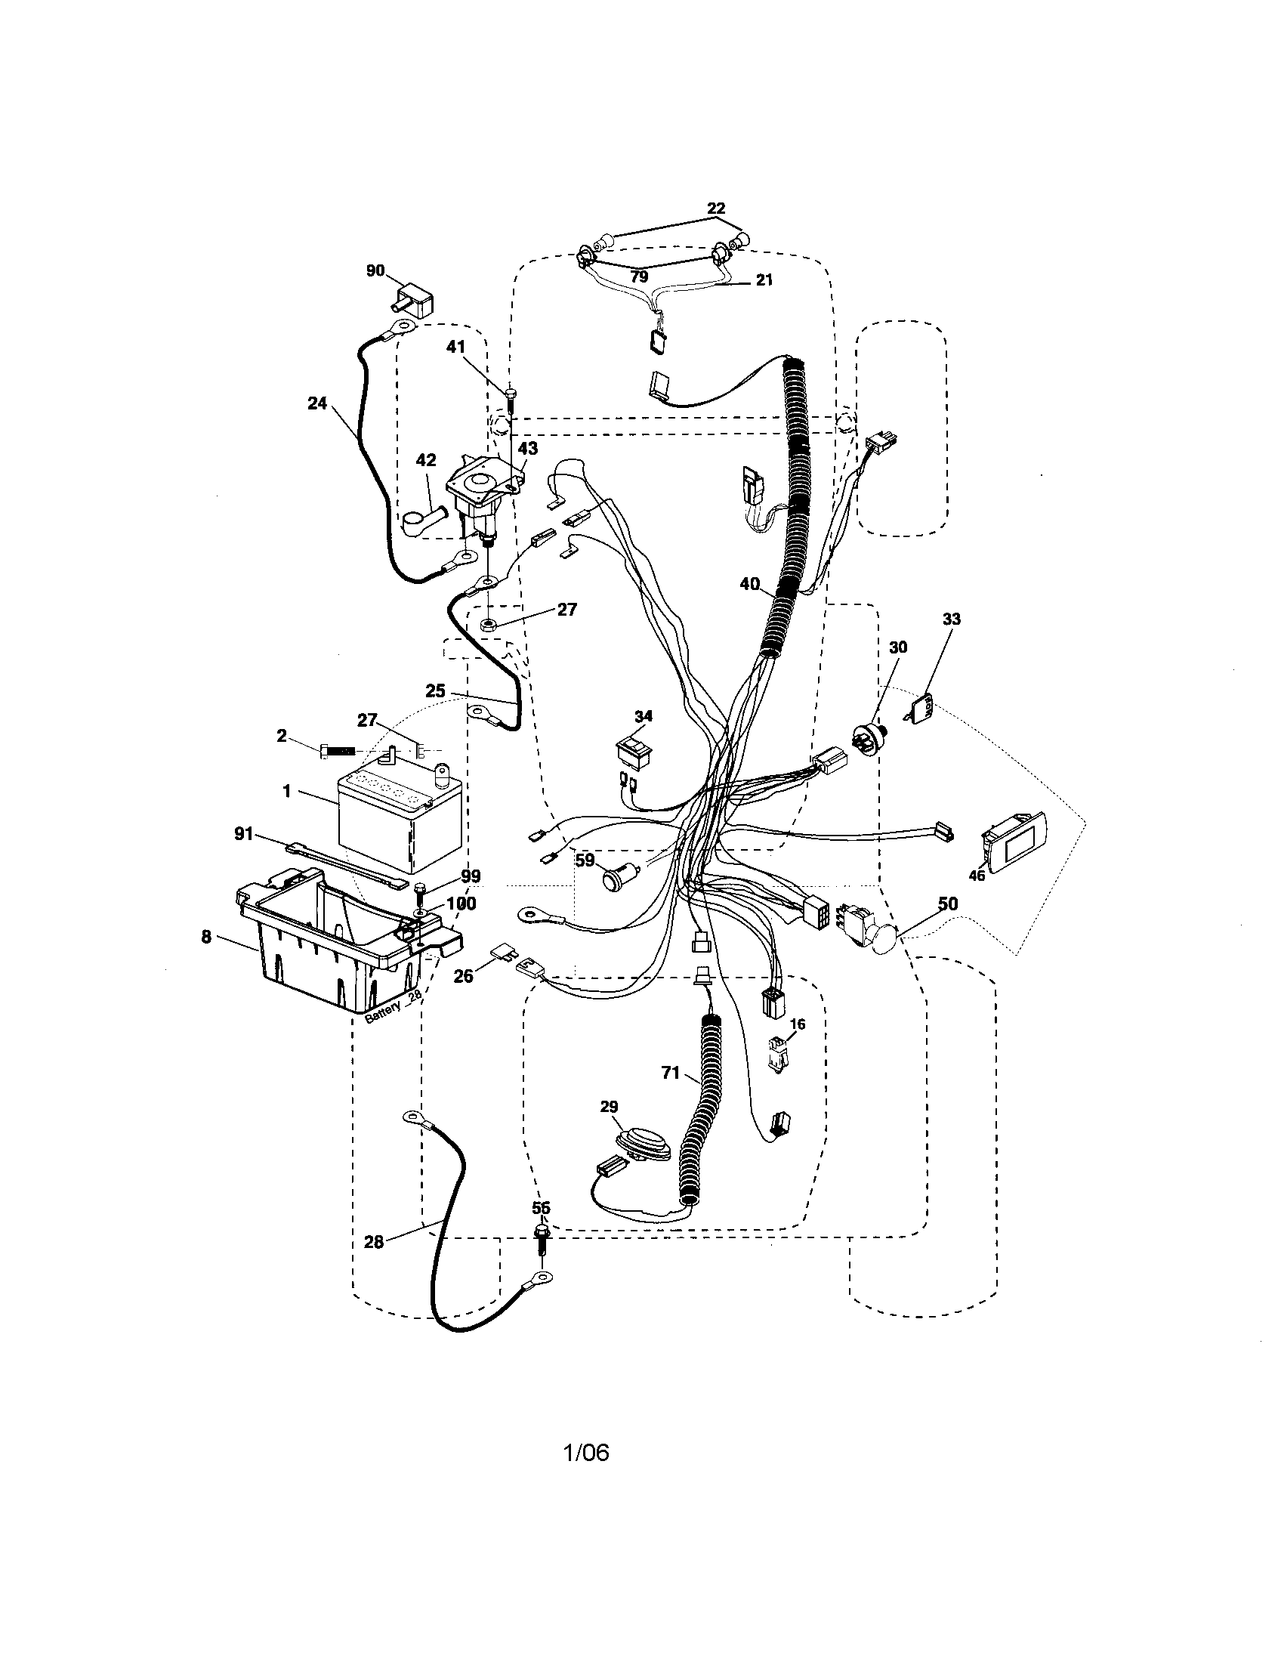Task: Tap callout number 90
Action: pyautogui.click(x=375, y=272)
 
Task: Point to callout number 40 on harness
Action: pyautogui.click(x=749, y=584)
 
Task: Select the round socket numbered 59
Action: pyautogui.click(x=613, y=880)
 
